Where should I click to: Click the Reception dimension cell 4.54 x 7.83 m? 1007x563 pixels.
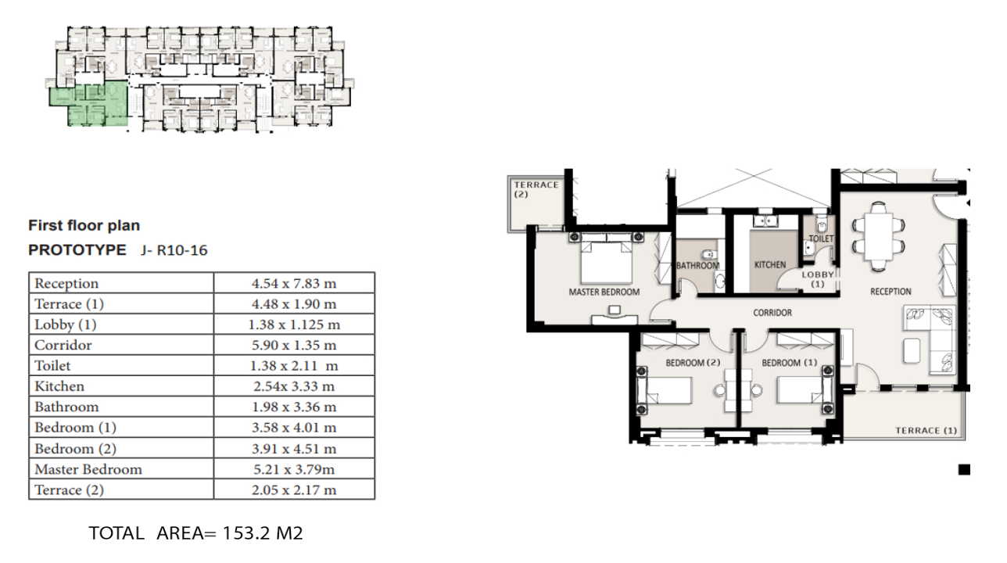click(x=294, y=283)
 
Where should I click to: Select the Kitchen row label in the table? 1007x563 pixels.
click(x=59, y=386)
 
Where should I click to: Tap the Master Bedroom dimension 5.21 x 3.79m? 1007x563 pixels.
click(x=294, y=469)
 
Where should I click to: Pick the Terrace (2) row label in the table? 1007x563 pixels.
click(x=69, y=490)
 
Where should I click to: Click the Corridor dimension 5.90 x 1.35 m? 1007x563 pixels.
click(x=294, y=345)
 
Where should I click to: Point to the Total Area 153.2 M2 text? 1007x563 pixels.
click(x=195, y=534)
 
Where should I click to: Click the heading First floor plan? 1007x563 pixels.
click(x=84, y=225)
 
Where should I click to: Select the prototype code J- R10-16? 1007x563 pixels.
click(x=174, y=250)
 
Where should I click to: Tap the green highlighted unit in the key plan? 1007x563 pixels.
click(x=88, y=106)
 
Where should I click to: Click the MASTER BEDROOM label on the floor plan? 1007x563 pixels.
click(x=604, y=292)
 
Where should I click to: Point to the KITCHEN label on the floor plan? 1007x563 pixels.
click(x=769, y=265)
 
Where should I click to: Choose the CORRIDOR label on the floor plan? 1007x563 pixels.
click(x=772, y=313)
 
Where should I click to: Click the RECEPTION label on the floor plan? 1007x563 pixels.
click(x=891, y=292)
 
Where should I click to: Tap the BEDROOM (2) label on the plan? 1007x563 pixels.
click(x=692, y=363)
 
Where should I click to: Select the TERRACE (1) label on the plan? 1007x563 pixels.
click(x=926, y=431)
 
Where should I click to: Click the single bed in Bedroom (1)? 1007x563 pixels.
click(x=802, y=389)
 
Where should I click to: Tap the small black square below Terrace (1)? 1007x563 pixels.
click(x=964, y=470)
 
